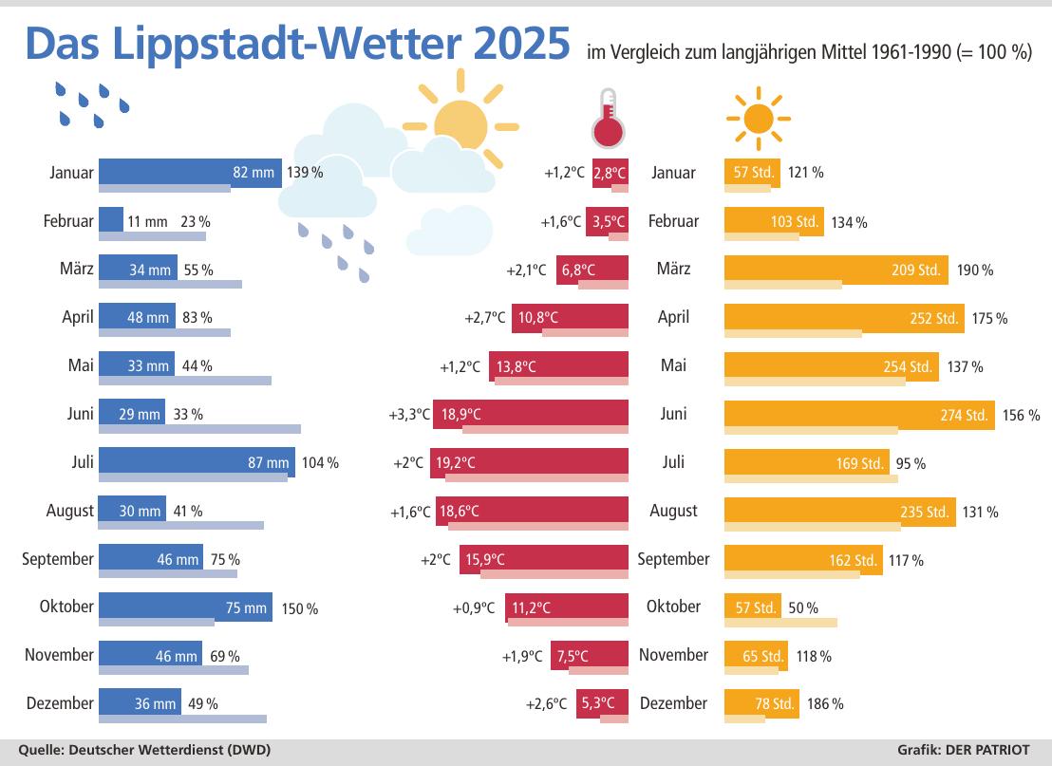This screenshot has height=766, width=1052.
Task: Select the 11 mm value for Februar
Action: click(x=147, y=221)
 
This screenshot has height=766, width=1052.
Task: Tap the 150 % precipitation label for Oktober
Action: click(x=299, y=608)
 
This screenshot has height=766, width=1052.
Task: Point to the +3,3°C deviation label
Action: click(x=409, y=415)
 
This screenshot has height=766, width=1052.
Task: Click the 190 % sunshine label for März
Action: click(x=975, y=271)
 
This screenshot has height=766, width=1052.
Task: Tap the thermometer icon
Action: click(x=608, y=119)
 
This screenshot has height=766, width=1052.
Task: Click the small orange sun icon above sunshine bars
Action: click(x=759, y=119)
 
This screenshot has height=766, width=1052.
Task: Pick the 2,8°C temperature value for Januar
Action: click(x=610, y=173)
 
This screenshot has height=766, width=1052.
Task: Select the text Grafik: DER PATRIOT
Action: click(x=963, y=749)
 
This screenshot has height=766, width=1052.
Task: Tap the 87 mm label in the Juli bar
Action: click(x=268, y=462)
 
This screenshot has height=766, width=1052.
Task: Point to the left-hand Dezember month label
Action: click(x=60, y=703)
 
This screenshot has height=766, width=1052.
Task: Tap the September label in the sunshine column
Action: click(x=673, y=559)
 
